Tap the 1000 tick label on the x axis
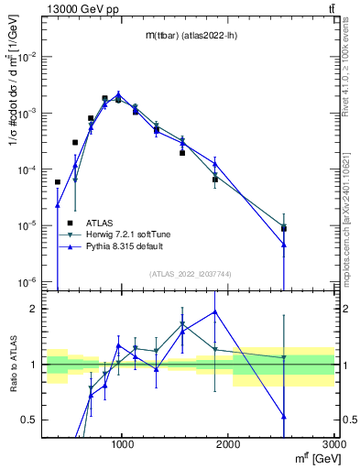pos(123,444)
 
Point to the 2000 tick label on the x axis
pos(229,444)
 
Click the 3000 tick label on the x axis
pos(333,444)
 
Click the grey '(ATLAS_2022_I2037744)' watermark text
pos(190,273)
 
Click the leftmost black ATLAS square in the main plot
pos(58,182)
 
